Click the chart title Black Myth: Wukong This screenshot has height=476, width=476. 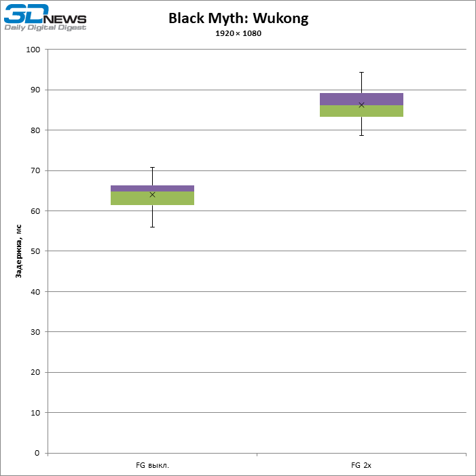click(238, 18)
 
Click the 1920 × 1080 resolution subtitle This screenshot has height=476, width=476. click(238, 33)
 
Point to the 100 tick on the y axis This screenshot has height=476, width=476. click(34, 50)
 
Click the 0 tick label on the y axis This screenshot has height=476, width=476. click(38, 453)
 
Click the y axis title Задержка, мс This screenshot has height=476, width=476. click(19, 251)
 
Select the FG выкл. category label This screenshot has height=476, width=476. click(152, 466)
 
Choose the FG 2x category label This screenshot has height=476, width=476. click(361, 466)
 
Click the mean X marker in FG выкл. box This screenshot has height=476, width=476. click(152, 195)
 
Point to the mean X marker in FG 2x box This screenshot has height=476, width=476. click(361, 105)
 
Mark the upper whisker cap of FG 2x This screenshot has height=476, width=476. click(361, 72)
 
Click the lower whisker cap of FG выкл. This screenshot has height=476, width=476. click(152, 227)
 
